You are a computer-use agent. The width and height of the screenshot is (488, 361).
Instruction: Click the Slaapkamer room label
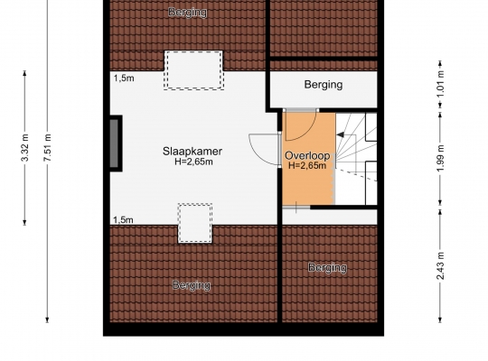click(192, 152)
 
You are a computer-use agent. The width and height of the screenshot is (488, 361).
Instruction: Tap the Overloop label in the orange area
click(307, 155)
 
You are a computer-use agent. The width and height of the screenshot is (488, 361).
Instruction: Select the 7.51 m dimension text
click(47, 148)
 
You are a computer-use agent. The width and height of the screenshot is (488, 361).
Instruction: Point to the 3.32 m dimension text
click(25, 148)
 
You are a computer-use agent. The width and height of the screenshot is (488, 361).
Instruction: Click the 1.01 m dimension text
click(440, 84)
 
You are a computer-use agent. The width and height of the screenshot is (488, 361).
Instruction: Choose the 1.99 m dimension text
click(440, 158)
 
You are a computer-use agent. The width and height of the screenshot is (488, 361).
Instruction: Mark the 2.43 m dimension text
click(440, 266)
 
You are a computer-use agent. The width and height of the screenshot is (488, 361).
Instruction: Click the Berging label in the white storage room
click(324, 85)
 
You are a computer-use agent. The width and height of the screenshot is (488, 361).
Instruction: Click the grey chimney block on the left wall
click(115, 143)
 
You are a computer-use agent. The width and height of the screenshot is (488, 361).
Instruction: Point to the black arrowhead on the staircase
click(340, 134)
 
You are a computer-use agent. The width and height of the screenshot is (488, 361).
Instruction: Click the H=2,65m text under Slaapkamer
click(193, 162)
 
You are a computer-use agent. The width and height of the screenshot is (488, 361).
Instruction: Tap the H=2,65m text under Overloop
click(307, 165)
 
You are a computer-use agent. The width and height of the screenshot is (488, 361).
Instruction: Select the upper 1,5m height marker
click(124, 79)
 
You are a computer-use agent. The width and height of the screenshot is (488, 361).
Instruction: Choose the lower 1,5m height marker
click(123, 220)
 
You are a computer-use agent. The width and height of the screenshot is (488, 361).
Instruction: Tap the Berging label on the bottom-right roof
click(327, 268)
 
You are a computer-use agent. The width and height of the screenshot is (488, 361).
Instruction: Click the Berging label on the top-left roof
click(188, 13)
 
